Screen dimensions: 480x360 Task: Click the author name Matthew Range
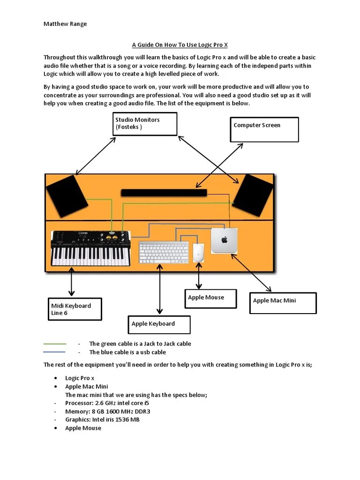coord(65,24)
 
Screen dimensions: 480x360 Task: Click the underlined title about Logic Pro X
coord(180,45)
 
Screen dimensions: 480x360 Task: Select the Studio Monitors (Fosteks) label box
coord(145,124)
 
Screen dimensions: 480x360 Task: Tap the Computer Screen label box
coord(264,129)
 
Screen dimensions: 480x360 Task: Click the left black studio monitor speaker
coord(67,196)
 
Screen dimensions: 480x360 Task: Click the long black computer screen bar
coord(164,193)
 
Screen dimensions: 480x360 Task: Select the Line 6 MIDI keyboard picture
coord(90,248)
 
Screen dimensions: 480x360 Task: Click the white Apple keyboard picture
coord(164,253)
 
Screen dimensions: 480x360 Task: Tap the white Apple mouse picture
coord(199,253)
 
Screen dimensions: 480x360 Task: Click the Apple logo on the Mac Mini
coord(224,240)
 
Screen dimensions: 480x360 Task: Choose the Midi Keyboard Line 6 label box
coord(75,309)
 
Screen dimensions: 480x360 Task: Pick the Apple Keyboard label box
coord(159,324)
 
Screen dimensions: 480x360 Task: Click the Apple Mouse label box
coord(210,299)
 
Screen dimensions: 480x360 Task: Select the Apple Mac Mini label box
coord(283,303)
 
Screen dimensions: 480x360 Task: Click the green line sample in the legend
coord(54,344)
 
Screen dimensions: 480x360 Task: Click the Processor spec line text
coord(107,403)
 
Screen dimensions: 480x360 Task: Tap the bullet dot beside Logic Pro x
coord(56,378)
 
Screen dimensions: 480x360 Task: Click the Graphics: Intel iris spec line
coord(102,420)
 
